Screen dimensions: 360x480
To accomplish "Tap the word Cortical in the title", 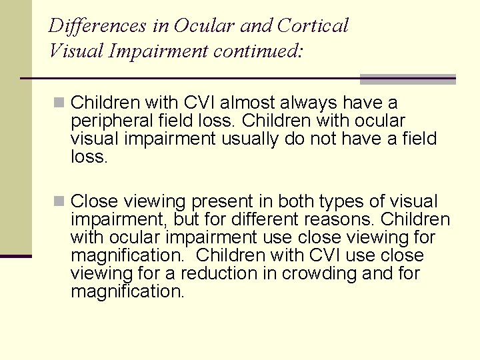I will pyautogui.click(x=313, y=26).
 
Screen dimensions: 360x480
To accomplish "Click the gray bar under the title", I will pyautogui.click(x=407, y=79).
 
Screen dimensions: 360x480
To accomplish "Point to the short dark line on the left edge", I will pyautogui.click(x=15, y=256).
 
